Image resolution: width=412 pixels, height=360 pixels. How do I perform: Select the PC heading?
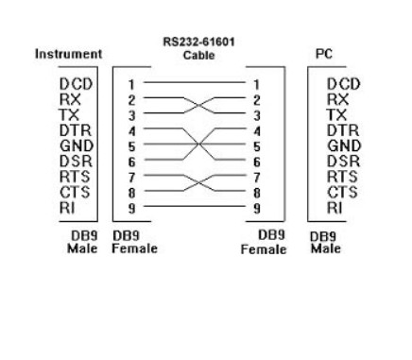(x=332, y=56)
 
